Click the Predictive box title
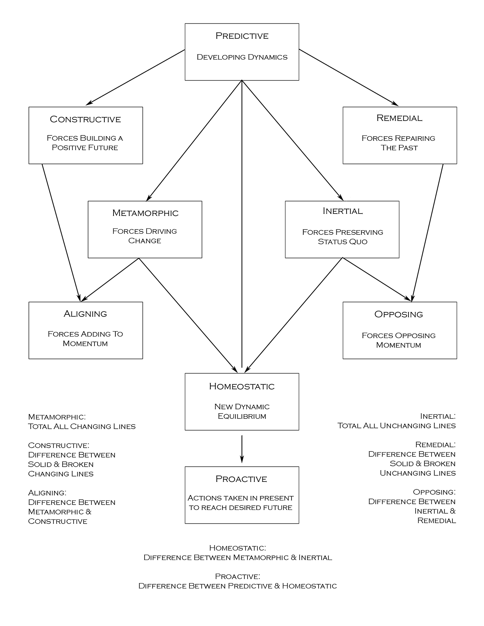(x=242, y=36)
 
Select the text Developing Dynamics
(x=242, y=57)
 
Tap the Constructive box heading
(x=85, y=119)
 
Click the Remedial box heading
(x=399, y=118)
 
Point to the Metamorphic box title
(x=145, y=213)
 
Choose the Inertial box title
(x=342, y=211)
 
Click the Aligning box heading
(x=85, y=314)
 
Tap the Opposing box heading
(x=399, y=314)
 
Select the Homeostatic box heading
(x=242, y=386)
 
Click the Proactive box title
(x=241, y=479)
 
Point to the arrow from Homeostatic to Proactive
(x=242, y=449)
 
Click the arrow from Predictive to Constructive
(x=136, y=77)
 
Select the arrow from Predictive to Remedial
(x=348, y=77)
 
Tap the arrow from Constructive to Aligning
(x=61, y=233)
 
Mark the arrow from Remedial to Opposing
(x=427, y=233)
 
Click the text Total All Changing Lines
(x=82, y=426)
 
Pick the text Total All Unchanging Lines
(x=397, y=426)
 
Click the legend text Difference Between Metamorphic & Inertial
(x=238, y=557)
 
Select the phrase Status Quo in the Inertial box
(x=342, y=241)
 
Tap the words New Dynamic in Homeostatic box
(x=242, y=406)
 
